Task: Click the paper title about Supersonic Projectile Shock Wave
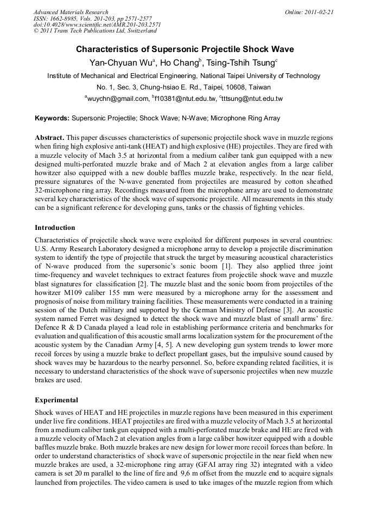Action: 185,49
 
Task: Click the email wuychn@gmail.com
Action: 118,99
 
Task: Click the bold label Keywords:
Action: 52,118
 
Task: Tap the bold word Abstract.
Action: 50,138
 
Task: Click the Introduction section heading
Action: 55,227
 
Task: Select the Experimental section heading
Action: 56,400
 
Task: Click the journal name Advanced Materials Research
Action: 71,12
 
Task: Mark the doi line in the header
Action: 97,24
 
